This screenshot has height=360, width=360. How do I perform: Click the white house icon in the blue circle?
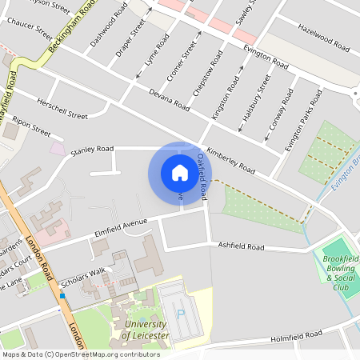[179, 172]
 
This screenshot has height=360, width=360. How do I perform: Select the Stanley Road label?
[93, 149]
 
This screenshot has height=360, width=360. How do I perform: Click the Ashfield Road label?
[241, 247]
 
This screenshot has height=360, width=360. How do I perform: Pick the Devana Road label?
[168, 98]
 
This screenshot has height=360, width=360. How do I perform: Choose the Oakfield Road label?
[206, 178]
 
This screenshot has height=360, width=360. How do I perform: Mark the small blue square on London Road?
[62, 295]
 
